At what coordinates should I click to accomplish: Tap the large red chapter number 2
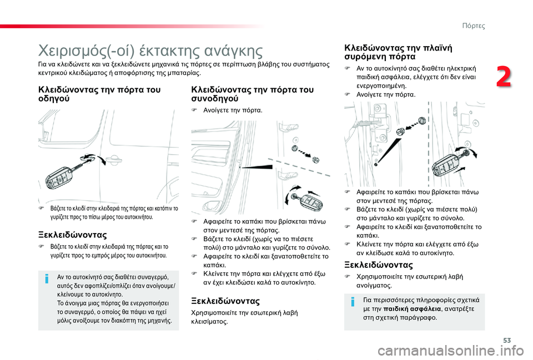point(504,77)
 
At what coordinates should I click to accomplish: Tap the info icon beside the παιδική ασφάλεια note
point(353,303)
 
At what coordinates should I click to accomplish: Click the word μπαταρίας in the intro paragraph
point(184,72)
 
